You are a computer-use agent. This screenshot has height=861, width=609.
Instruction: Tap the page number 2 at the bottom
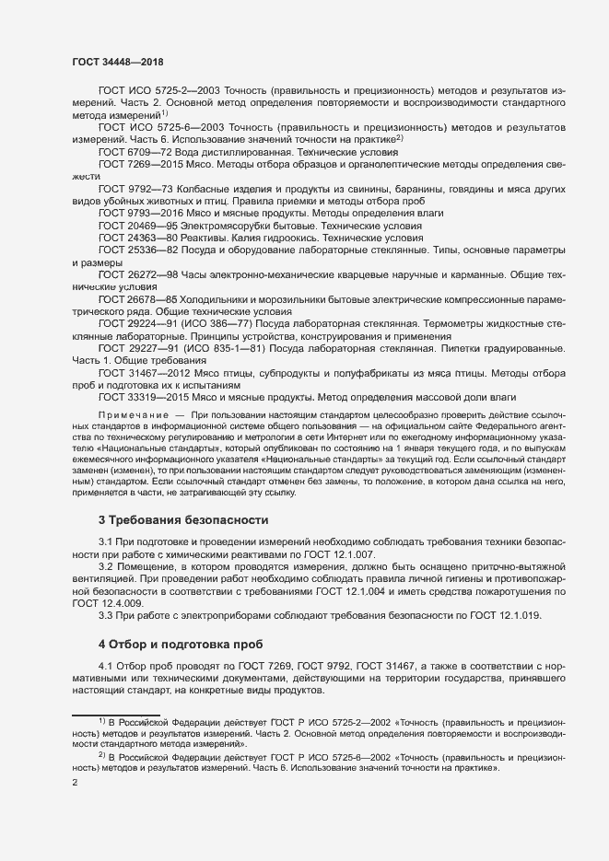tap(75, 783)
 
